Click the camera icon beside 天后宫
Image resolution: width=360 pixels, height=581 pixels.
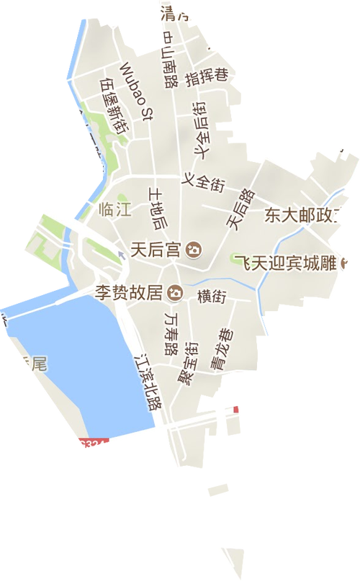tap(193, 250)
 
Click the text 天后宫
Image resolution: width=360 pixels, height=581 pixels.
tap(156, 250)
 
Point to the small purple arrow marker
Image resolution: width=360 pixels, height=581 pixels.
tap(120, 251)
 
